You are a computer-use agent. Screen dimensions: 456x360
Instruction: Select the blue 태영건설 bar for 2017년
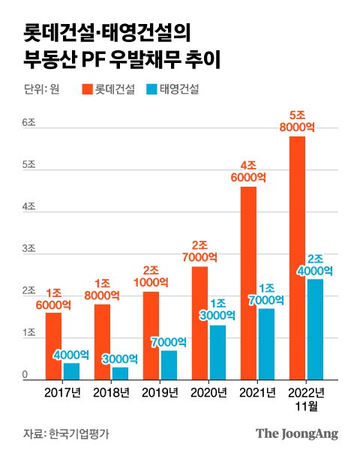(x=71, y=371)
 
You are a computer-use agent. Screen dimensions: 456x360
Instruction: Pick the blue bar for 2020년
(x=217, y=352)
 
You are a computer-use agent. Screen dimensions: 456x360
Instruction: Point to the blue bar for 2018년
(x=120, y=373)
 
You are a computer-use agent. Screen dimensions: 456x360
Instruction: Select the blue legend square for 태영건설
(x=151, y=90)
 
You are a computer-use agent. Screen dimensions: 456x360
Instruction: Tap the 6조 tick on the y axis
(x=29, y=121)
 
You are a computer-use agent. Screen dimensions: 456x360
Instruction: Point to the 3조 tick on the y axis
(x=29, y=248)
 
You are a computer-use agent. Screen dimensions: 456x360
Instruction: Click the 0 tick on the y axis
(x=25, y=375)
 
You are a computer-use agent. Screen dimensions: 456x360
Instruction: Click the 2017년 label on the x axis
(x=62, y=393)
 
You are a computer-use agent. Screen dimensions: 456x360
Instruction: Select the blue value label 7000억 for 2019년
(x=169, y=342)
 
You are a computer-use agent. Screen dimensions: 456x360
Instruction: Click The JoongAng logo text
(x=297, y=433)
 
